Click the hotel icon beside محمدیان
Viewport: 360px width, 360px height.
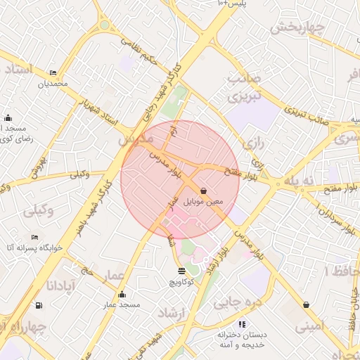coord(53,73)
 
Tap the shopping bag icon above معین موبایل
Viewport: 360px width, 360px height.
coord(203,191)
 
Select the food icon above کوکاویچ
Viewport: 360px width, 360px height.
coord(182,271)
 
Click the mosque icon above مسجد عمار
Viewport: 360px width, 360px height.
coord(122,295)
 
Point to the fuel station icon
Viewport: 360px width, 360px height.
coord(37,305)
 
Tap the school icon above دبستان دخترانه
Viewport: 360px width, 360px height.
coord(242,324)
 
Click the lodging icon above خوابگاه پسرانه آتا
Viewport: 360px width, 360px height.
coord(35,238)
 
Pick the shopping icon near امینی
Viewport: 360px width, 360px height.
coord(306,304)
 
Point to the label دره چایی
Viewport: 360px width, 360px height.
coord(231,303)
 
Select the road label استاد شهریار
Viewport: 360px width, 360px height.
coord(101,110)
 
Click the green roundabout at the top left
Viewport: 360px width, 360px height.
coord(104,25)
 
